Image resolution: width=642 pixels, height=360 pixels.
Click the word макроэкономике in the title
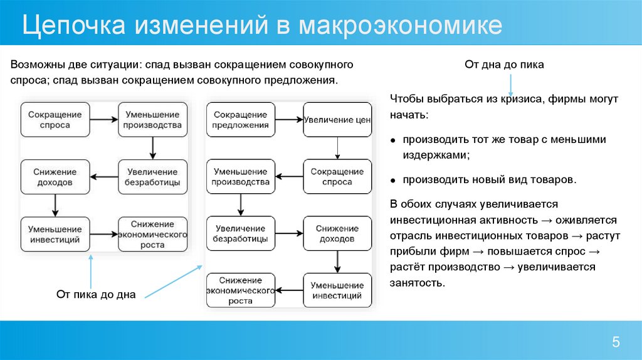401,26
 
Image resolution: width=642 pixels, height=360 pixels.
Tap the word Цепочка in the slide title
73,27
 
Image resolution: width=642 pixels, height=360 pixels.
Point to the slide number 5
616,342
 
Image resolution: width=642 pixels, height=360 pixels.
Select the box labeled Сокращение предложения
241,119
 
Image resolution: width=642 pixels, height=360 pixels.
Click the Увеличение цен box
337,120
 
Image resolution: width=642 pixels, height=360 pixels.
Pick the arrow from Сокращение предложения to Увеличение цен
289,119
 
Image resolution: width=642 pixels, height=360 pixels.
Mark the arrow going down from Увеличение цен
337,148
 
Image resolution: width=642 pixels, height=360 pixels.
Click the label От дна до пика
504,64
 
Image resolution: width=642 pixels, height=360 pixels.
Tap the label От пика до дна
96,294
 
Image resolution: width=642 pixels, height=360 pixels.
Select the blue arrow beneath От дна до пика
511,83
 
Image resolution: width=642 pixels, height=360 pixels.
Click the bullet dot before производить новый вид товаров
392,181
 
